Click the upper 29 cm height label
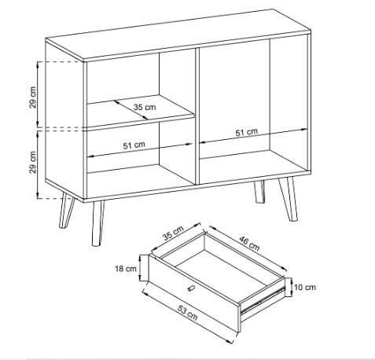pyautogui.click(x=33, y=97)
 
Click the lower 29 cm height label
pyautogui.click(x=33, y=162)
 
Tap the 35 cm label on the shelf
pyautogui.click(x=145, y=107)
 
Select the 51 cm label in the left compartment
pyautogui.click(x=134, y=145)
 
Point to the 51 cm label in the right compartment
pyautogui.click(x=246, y=132)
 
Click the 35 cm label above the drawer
pyautogui.click(x=173, y=233)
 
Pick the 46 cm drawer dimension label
pyautogui.click(x=249, y=243)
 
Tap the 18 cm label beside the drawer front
pyautogui.click(x=126, y=269)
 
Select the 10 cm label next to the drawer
pyautogui.click(x=305, y=287)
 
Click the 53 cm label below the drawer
pyautogui.click(x=188, y=313)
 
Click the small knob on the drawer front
pyautogui.click(x=191, y=288)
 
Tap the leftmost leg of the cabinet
pyautogui.click(x=66, y=211)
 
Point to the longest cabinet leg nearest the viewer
pyautogui.click(x=97, y=223)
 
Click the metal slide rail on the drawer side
pyautogui.click(x=262, y=300)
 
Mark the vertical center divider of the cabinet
pyautogui.click(x=197, y=116)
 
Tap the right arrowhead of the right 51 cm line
pyautogui.click(x=305, y=130)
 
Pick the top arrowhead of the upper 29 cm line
pyautogui.click(x=38, y=64)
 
